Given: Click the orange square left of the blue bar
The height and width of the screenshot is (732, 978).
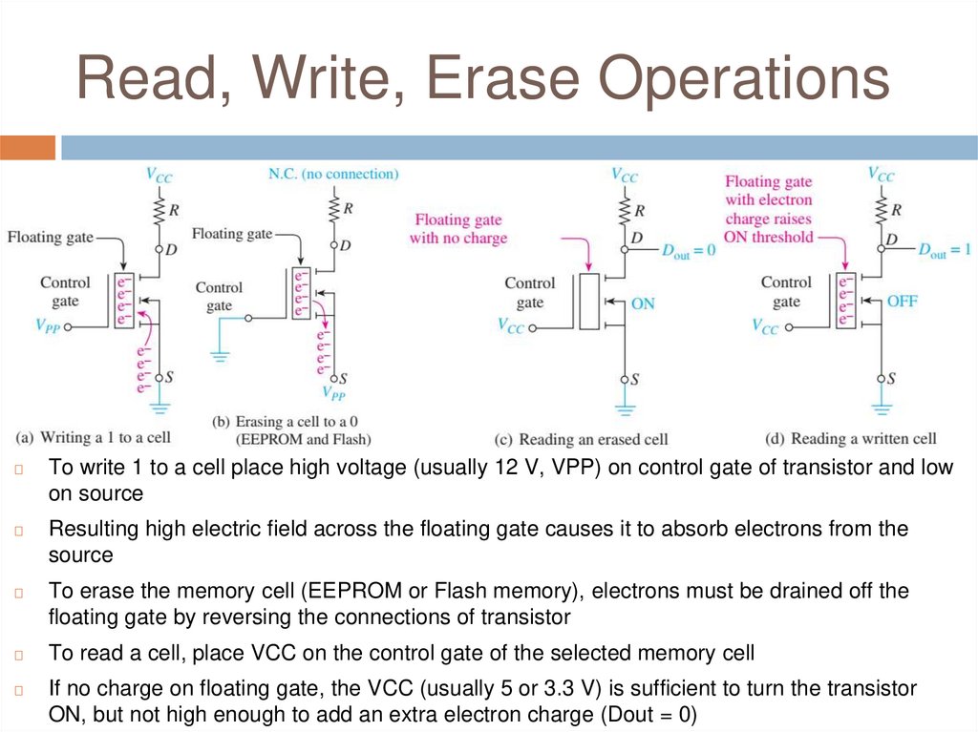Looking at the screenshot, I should click(x=28, y=148).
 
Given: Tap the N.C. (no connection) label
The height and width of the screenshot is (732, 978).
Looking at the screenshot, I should click(x=332, y=174).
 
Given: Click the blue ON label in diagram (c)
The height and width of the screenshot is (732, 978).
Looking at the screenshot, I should click(x=643, y=303).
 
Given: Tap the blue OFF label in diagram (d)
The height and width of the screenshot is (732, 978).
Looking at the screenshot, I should click(x=902, y=300).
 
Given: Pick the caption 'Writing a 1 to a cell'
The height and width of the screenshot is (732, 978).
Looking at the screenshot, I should click(x=94, y=437).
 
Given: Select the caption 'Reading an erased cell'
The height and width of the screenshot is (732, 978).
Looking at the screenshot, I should click(x=581, y=439).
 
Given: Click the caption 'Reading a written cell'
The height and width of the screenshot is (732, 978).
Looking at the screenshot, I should click(x=851, y=438).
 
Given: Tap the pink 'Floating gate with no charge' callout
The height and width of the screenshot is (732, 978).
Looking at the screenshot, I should click(x=458, y=229).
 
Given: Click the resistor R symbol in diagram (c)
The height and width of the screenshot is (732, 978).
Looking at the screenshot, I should click(x=625, y=208).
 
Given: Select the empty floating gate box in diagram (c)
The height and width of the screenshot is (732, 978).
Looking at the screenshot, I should click(x=588, y=301).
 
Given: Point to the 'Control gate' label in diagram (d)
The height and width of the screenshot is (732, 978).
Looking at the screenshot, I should click(x=786, y=292).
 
